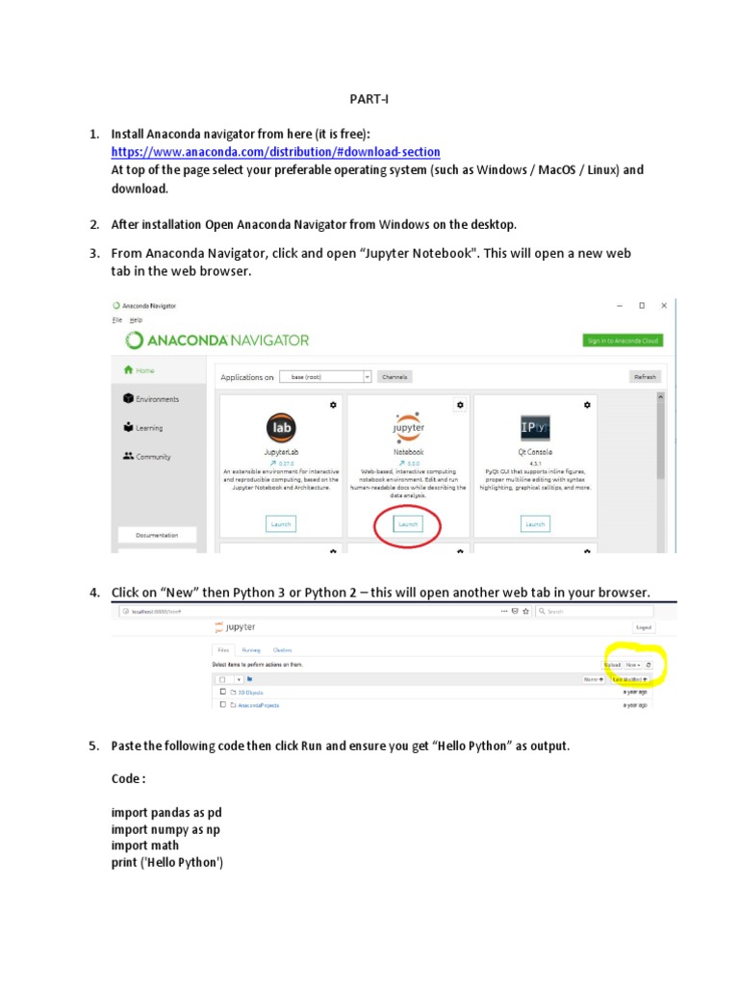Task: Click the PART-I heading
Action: point(368,99)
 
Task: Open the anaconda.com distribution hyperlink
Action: point(275,152)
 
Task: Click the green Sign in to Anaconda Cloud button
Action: point(623,341)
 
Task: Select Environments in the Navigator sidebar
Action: point(157,399)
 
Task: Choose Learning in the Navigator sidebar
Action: point(149,428)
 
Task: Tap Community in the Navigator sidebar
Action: point(154,457)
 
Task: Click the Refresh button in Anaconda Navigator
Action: point(644,377)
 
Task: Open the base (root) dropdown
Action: point(325,377)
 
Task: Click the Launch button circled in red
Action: point(408,524)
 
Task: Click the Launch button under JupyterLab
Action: point(281,524)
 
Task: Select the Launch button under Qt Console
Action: point(535,524)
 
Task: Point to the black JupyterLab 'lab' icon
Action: point(281,427)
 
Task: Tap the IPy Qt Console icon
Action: point(535,427)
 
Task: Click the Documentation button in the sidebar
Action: point(157,535)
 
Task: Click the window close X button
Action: point(664,306)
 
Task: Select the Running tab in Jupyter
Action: point(251,650)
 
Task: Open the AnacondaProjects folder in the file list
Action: point(258,705)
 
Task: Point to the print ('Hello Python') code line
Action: point(167,863)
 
